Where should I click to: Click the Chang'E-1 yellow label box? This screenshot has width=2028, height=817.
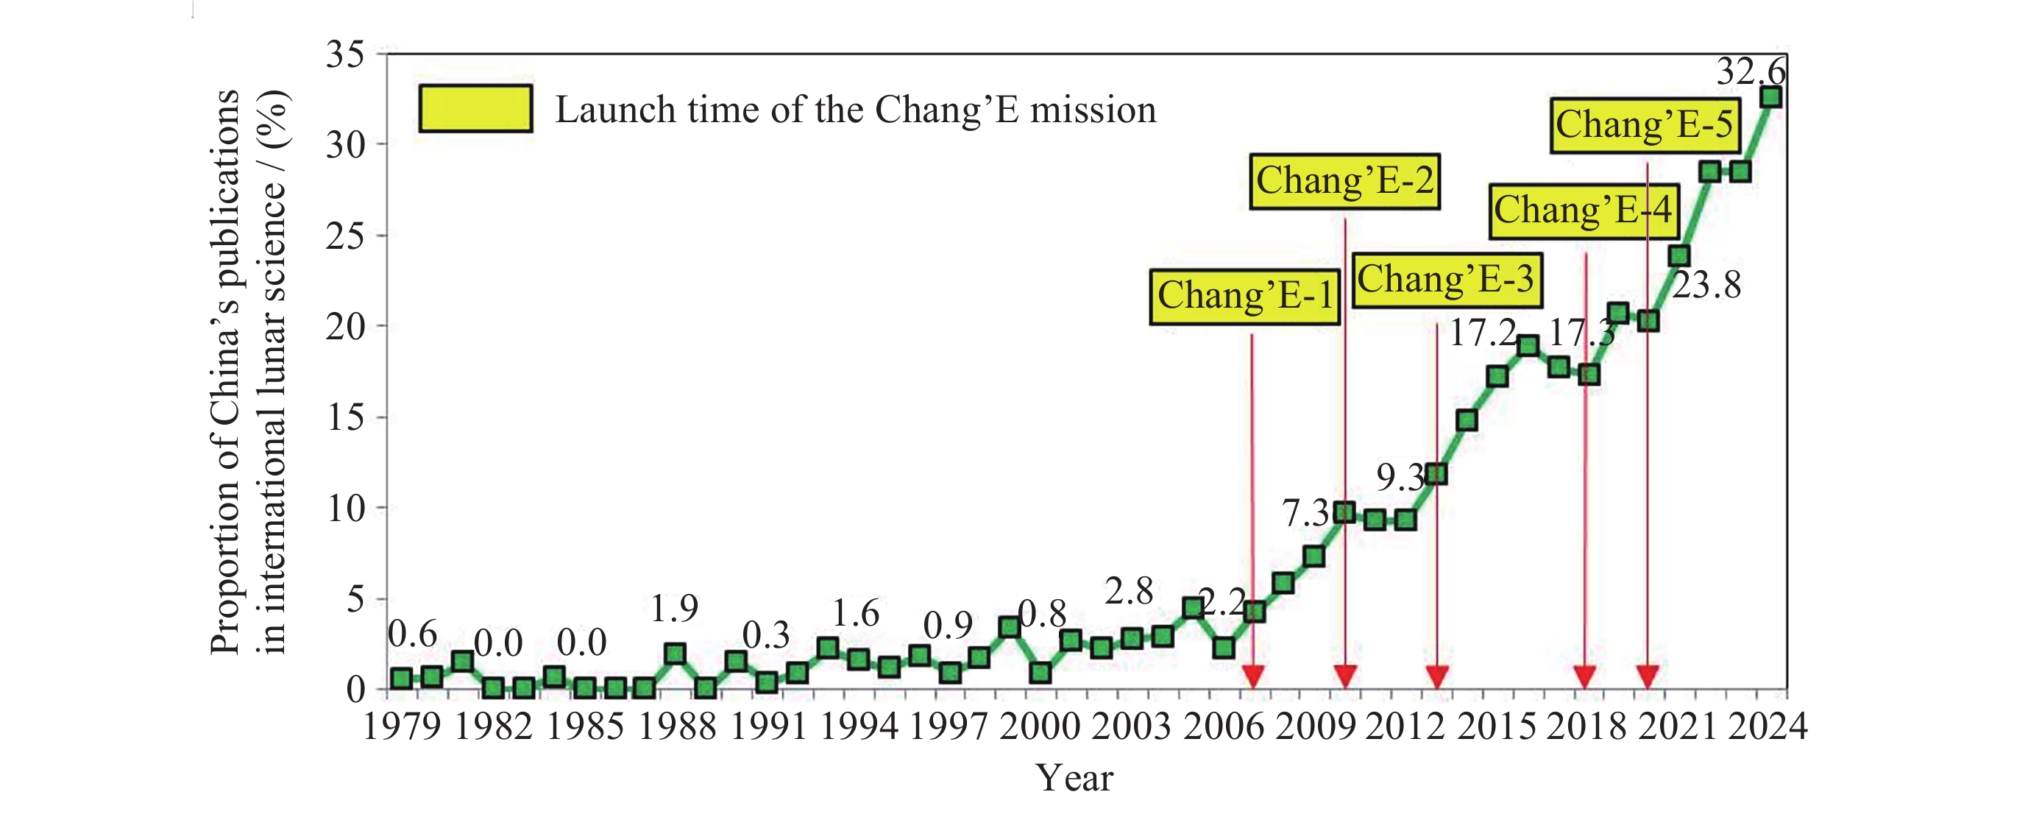[x=1244, y=297]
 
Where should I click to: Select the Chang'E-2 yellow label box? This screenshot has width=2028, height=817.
[x=1344, y=181]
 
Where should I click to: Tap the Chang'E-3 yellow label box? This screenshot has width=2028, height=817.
[x=1447, y=280]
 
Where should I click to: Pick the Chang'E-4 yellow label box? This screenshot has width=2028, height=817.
[x=1584, y=211]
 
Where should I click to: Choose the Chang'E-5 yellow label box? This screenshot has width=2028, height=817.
[x=1645, y=125]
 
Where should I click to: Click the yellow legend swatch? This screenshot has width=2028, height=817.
[x=475, y=109]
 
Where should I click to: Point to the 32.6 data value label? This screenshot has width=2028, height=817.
[x=1751, y=71]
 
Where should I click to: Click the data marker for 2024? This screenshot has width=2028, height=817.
[x=1771, y=98]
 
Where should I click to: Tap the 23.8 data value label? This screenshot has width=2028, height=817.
[x=1706, y=286]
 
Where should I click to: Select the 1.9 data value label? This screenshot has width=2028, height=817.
[x=675, y=608]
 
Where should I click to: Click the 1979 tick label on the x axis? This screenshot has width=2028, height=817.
[x=401, y=726]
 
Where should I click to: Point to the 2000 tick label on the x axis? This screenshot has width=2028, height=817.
[x=1039, y=726]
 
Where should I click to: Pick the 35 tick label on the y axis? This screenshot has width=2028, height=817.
[x=346, y=55]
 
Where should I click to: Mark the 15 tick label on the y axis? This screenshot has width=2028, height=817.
[x=346, y=418]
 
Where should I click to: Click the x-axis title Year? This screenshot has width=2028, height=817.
[x=1074, y=779]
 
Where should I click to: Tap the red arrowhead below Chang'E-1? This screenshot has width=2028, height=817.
[x=1252, y=676]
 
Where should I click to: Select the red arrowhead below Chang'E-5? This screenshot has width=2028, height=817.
[x=1648, y=676]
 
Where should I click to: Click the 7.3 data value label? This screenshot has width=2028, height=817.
[x=1305, y=514]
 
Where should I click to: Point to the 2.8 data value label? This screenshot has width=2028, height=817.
[x=1129, y=591]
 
